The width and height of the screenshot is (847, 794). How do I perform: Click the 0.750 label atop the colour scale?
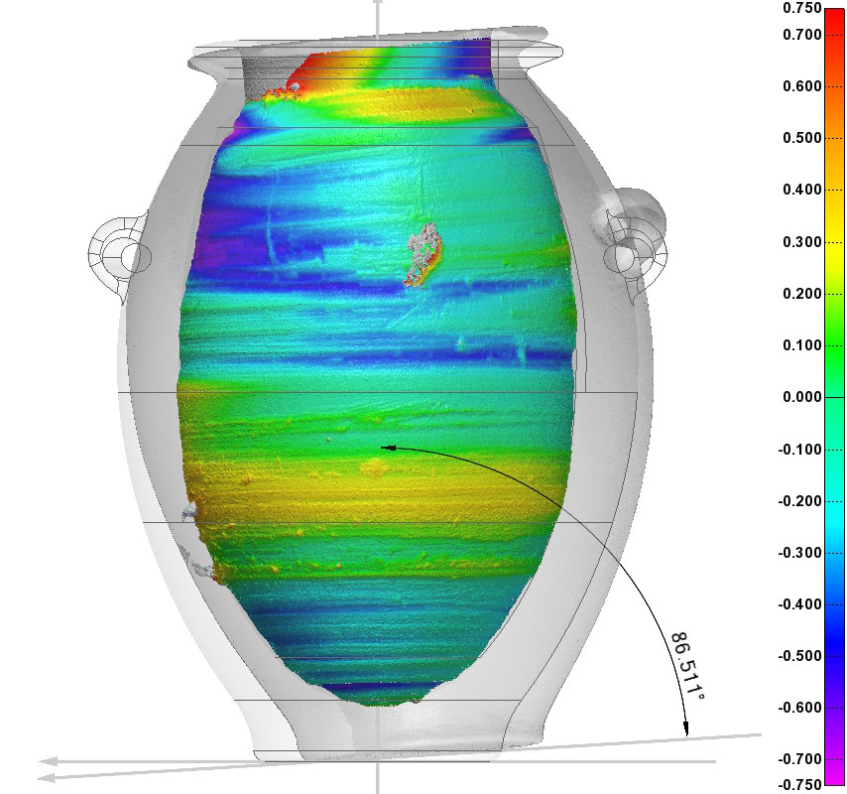coord(802,8)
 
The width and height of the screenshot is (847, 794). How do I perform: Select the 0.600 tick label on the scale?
coord(802,86)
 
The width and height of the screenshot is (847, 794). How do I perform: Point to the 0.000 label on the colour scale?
coord(802,397)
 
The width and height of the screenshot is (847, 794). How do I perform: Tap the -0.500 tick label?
coord(800,656)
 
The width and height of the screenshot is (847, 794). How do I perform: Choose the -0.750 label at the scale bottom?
coord(800,784)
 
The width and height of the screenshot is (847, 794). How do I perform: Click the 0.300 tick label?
coord(802,242)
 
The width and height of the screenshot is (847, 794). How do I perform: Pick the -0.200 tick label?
coord(800,501)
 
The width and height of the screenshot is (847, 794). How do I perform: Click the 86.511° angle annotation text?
coord(687,667)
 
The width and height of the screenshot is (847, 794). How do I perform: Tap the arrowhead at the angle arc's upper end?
coord(389,448)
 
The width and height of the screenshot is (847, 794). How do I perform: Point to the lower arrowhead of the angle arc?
coord(686,728)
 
